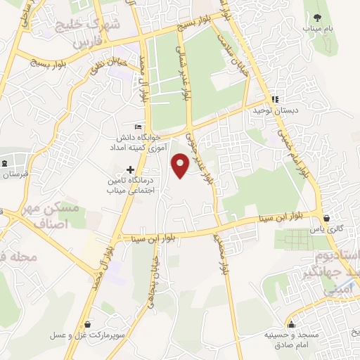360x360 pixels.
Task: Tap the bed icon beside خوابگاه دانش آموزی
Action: pyautogui.click(x=138, y=126)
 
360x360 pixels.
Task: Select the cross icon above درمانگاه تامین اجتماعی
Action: pyautogui.click(x=130, y=169)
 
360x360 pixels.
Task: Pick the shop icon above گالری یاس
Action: pyautogui.click(x=327, y=217)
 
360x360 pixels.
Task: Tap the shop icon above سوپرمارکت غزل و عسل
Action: pyautogui.click(x=86, y=324)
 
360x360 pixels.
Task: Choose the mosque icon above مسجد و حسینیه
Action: pyautogui.click(x=270, y=324)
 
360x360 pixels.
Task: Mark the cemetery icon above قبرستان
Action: pyautogui.click(x=5, y=164)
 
